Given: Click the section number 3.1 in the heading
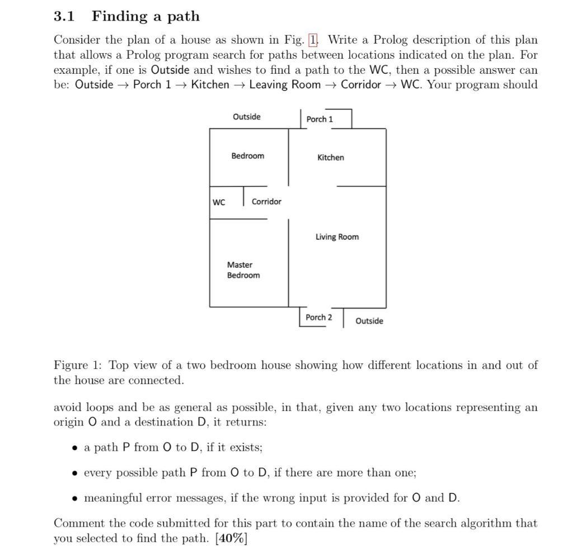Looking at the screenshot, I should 64,16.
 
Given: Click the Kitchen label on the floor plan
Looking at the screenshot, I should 331,158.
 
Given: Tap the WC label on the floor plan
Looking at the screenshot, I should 219,202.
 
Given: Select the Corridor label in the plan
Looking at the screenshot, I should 266,201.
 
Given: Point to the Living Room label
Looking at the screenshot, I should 337,237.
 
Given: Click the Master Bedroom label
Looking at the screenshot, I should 243,270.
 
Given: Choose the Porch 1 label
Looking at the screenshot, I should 320,119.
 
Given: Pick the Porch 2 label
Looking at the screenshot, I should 318,317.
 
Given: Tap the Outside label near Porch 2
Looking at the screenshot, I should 369,321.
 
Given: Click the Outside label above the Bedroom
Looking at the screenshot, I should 247,117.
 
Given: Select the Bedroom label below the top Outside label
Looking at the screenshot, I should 247,156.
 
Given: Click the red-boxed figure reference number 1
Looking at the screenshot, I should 313,40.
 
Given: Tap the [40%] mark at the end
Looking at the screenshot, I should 231,538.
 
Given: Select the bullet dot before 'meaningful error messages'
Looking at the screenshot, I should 75,498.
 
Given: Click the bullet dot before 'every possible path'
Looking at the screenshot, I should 75,473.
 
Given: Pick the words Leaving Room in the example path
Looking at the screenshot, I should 285,84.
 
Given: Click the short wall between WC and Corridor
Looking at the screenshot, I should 244,196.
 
